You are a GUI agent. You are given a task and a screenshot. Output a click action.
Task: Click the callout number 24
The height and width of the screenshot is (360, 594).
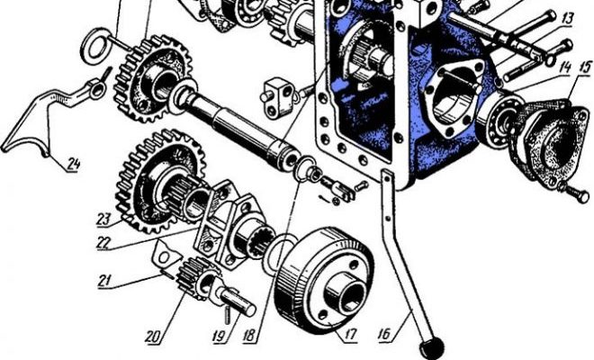[x=74, y=164]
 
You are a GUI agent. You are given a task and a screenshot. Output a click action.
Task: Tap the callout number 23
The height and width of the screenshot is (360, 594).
[x=104, y=219]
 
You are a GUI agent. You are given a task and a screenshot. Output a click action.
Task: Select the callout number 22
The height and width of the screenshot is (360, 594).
[x=103, y=242]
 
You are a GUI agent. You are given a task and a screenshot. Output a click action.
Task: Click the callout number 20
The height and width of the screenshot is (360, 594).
[x=153, y=337]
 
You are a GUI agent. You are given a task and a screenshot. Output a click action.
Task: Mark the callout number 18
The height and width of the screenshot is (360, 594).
[x=249, y=337]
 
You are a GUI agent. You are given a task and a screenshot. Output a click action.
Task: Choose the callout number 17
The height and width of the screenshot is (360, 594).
[x=350, y=334]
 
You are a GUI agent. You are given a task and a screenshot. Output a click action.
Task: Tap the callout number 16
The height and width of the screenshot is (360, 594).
[x=384, y=334]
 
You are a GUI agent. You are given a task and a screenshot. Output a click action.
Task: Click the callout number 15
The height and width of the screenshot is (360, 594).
[x=584, y=68]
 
